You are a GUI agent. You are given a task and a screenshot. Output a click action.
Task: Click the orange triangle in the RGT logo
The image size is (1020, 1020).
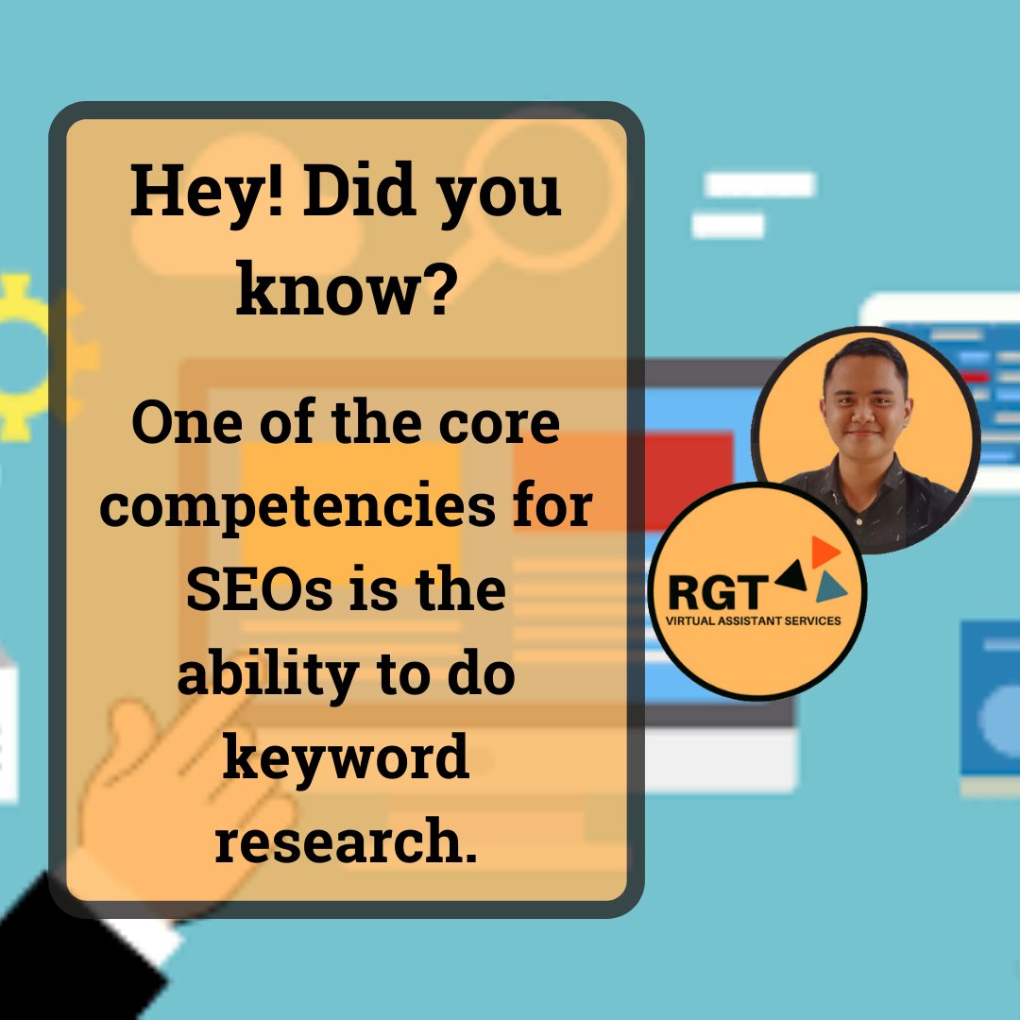point(824,552)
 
